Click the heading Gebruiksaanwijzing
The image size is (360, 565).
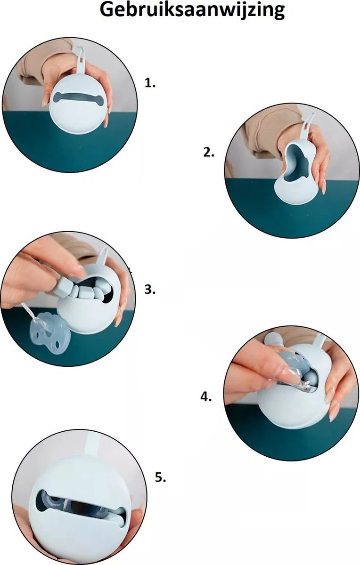pos(192,10)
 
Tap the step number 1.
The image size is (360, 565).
pos(150,83)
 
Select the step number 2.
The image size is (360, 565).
pos(209,152)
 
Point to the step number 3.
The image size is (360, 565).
pos(150,289)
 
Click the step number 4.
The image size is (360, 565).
pos(206,396)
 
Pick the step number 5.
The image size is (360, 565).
pos(160,477)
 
